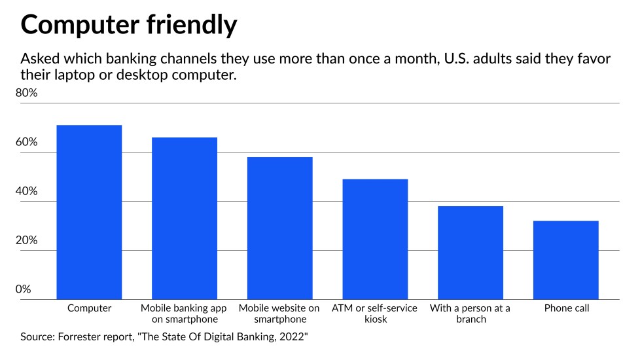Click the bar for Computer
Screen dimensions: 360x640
click(x=90, y=212)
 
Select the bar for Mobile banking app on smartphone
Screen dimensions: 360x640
click(x=185, y=219)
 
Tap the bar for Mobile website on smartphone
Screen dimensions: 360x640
click(x=279, y=228)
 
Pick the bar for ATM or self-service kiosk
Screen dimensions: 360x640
click(x=375, y=240)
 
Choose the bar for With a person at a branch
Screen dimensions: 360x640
click(x=471, y=253)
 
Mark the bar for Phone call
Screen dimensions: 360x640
click(x=566, y=261)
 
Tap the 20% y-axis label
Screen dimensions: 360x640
click(x=27, y=241)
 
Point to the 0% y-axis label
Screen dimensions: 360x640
click(x=24, y=289)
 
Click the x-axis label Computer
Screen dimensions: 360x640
click(x=90, y=308)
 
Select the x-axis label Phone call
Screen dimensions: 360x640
click(x=567, y=308)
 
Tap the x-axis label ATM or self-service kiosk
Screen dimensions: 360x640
click(x=375, y=314)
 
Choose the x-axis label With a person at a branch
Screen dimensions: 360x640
click(x=470, y=314)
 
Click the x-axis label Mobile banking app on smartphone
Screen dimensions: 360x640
click(x=184, y=314)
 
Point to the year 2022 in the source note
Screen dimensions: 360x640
click(x=293, y=338)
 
